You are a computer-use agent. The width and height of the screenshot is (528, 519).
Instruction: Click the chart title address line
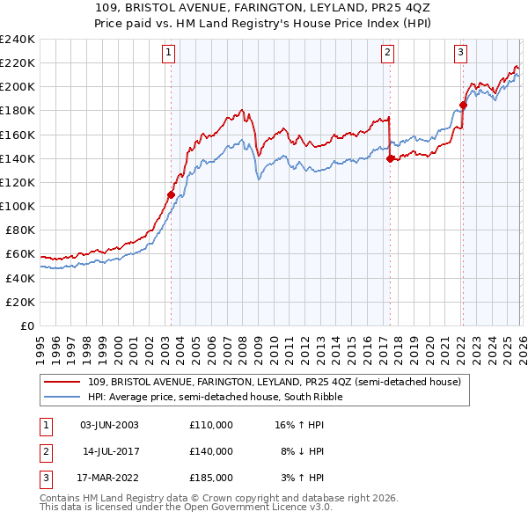tap(263, 8)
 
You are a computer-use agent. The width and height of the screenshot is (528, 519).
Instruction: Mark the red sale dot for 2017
tap(390, 158)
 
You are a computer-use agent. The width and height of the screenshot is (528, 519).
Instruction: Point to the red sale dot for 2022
tap(463, 105)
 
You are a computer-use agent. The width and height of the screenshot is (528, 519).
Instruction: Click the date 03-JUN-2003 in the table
tap(109, 425)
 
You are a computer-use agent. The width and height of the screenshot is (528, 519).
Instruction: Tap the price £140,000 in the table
tap(211, 451)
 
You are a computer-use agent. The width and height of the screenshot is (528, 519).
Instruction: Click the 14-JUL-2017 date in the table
tap(109, 451)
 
